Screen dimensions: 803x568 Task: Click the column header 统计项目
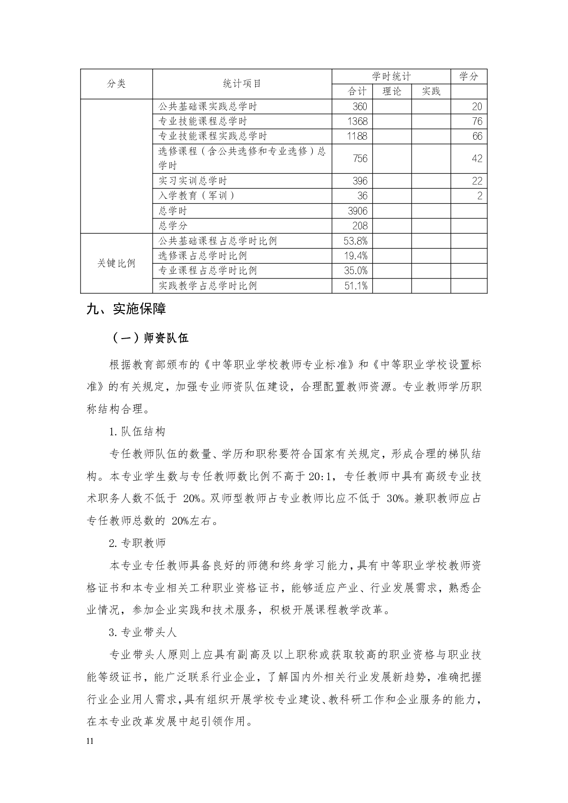[x=242, y=84]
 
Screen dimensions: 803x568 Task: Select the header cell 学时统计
[x=391, y=76]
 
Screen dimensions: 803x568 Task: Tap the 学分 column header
[x=468, y=76]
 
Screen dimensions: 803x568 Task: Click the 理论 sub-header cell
[x=392, y=92]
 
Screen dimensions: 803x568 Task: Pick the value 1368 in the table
[x=358, y=121]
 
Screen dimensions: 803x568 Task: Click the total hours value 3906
[x=358, y=211]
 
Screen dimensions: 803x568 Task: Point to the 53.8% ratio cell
[x=356, y=241]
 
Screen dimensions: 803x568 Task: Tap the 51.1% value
[x=356, y=286]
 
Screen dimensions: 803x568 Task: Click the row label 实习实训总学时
[x=193, y=181]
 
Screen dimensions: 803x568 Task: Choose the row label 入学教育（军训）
[x=196, y=196]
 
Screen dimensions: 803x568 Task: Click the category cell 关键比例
[x=116, y=263]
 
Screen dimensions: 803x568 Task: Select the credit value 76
[x=477, y=121]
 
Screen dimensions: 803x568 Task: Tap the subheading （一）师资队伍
[x=150, y=338]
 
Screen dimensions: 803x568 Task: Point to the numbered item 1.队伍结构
[x=137, y=432]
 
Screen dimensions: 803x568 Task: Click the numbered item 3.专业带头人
[x=143, y=632]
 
